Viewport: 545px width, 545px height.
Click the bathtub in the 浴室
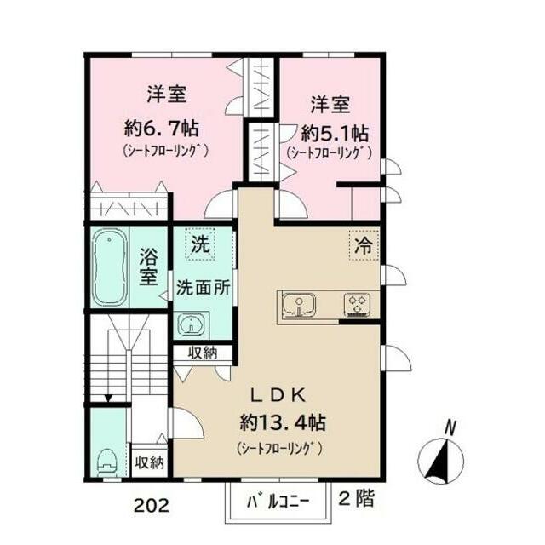point(110,267)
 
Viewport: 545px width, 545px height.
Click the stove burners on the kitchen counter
point(356,305)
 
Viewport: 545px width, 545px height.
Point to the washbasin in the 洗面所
point(193,324)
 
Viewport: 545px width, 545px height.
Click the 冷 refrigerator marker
point(363,247)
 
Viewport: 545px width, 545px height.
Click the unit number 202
point(151,504)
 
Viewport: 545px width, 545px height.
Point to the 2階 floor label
point(357,499)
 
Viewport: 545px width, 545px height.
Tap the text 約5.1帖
point(335,134)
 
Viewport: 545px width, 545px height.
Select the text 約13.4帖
point(280,422)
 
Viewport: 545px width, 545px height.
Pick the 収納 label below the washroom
point(203,352)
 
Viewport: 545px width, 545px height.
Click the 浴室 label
point(149,266)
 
